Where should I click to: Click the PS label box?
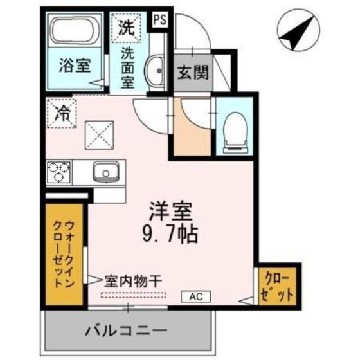[160, 19]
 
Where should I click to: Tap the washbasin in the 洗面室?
[154, 70]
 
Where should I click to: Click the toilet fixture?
[236, 130]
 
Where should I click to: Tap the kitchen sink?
[104, 172]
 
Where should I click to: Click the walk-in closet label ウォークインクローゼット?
[64, 253]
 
